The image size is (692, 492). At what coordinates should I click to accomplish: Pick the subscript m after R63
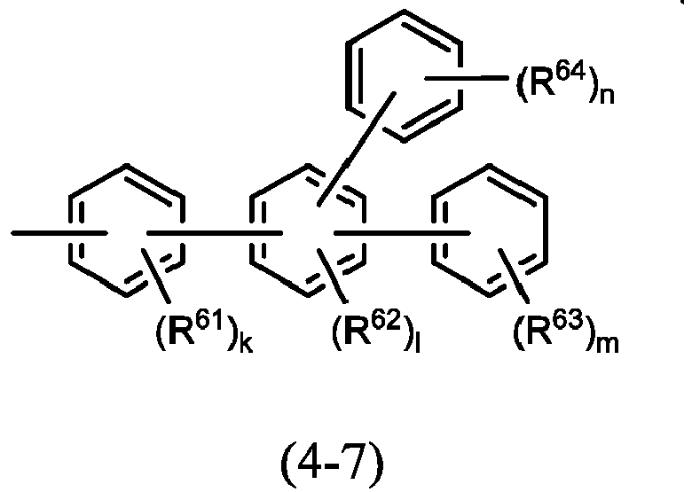point(608,344)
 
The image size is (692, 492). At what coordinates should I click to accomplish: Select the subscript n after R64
point(607,96)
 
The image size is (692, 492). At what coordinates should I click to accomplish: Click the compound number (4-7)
point(333,465)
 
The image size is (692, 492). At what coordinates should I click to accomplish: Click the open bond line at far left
point(59,233)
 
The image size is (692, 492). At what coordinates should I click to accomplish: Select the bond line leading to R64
point(466,78)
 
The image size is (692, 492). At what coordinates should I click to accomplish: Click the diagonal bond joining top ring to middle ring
point(357,149)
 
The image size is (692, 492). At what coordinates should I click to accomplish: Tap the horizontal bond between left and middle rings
point(215,233)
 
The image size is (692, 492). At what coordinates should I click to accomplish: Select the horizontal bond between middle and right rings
point(402,233)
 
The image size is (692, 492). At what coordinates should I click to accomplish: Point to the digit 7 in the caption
point(354,464)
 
